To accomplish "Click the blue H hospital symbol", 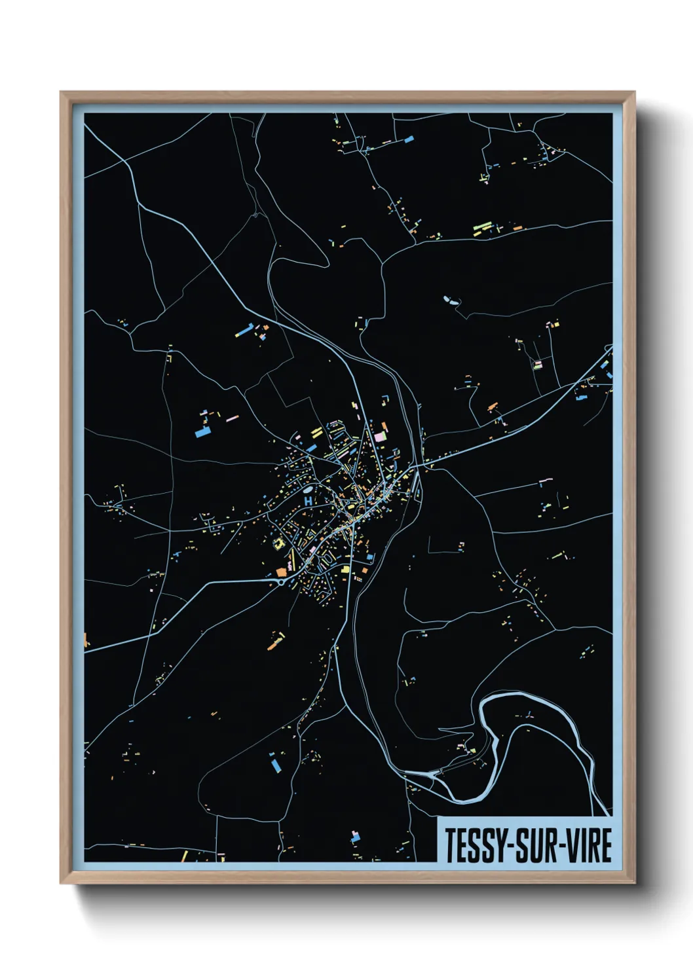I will pyautogui.click(x=308, y=501).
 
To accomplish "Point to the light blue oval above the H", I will pyautogui.click(x=308, y=488).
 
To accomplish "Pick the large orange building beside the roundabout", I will pyautogui.click(x=282, y=572).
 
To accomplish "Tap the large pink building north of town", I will pyautogui.click(x=379, y=435).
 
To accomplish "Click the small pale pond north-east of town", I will pyautogui.click(x=450, y=301).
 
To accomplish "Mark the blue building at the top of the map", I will pyautogui.click(x=409, y=139).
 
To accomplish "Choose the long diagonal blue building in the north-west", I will pyautogui.click(x=244, y=331).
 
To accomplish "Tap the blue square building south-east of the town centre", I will pyautogui.click(x=370, y=557).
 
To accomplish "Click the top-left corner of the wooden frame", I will pyautogui.click(x=62, y=93).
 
